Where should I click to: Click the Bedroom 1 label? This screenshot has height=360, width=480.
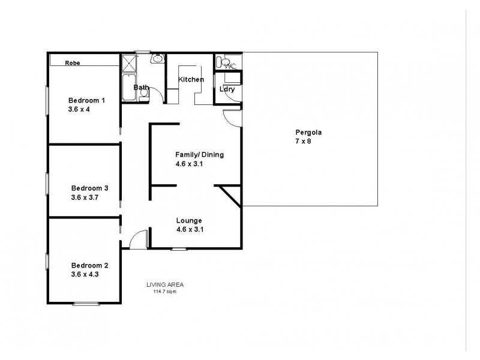coord(87,100)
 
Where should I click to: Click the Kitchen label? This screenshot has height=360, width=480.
coord(191,79)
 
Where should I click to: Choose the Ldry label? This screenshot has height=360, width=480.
coord(227,89)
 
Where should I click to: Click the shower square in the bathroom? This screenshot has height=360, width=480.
coord(129,64)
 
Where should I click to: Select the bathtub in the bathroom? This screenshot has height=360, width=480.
coord(129,88)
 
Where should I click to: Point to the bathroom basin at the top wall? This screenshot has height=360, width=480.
coord(157,58)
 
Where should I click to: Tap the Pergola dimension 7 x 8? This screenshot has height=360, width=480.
coord(303,142)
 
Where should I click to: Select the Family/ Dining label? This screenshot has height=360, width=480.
coord(199,154)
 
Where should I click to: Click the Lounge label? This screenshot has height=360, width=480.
coord(189,220)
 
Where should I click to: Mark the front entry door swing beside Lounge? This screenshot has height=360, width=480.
coord(138,239)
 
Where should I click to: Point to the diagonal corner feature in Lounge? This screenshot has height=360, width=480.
coord(230,196)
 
